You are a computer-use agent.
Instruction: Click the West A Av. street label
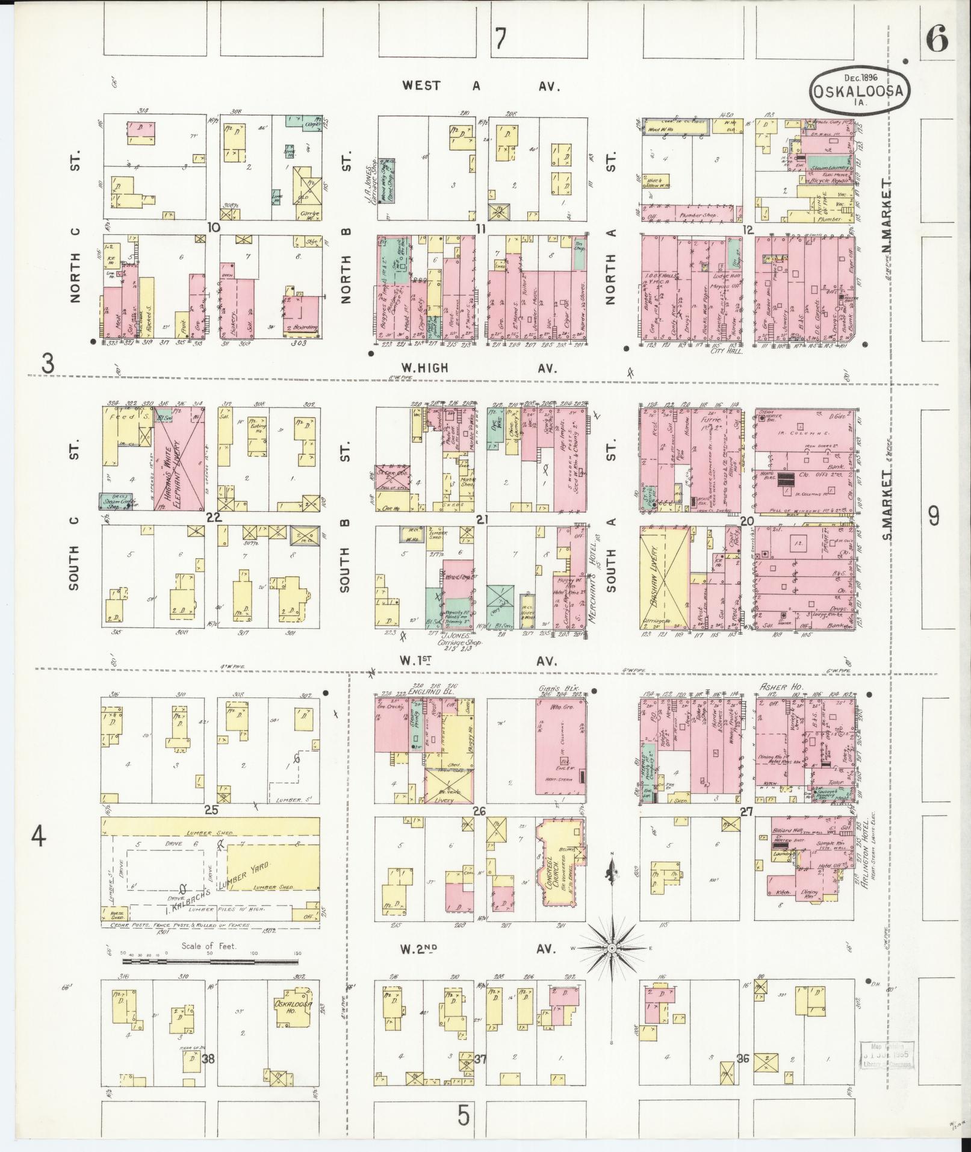coord(481,86)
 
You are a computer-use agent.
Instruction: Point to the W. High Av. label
coord(482,367)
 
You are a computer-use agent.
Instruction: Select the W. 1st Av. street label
coord(481,661)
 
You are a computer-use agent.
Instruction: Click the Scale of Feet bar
coord(211,962)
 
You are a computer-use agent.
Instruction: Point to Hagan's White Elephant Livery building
coord(178,458)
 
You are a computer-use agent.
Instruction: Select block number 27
coord(746,811)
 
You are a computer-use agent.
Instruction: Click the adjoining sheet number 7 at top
coord(499,39)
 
